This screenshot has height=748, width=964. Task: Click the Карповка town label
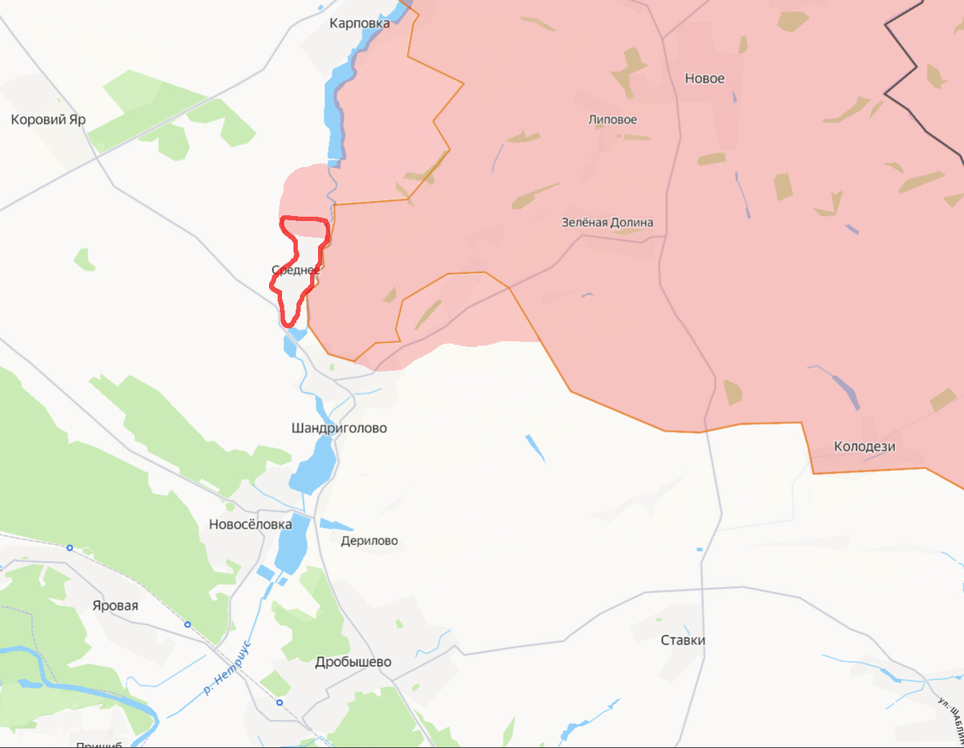tap(359, 23)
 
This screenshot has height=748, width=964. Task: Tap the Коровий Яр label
tap(48, 120)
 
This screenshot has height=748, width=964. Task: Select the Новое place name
tap(705, 79)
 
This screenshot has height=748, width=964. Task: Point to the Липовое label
tap(613, 120)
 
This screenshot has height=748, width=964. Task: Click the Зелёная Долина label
tap(607, 223)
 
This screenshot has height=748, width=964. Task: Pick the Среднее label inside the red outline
tap(296, 270)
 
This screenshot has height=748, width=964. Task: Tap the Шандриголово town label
tap(339, 428)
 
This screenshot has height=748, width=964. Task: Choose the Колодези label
tap(864, 447)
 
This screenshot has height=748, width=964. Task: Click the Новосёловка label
tap(250, 524)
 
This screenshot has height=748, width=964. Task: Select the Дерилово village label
tap(369, 541)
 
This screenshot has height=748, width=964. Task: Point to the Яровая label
tap(115, 606)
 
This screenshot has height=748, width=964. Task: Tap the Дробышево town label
tap(353, 662)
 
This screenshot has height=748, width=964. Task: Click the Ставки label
tap(683, 640)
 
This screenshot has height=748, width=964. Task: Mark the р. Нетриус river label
tap(227, 667)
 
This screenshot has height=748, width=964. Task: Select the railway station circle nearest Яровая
tap(187, 624)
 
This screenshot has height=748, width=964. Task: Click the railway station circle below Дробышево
tap(279, 702)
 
